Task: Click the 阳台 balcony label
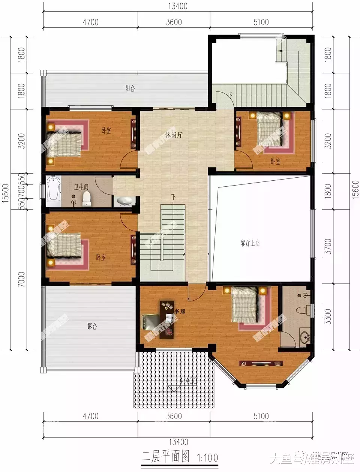pos(130,89)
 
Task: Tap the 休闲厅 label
pos(174,135)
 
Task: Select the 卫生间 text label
pos(81,187)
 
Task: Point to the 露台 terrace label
pos(92,326)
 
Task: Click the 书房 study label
pos(180,312)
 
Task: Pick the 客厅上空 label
pos(250,243)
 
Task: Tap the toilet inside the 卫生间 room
pos(87,198)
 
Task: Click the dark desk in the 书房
pos(167,319)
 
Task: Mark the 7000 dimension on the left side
pos(22,279)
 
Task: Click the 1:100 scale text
pos(207,458)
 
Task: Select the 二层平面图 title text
pos(165,457)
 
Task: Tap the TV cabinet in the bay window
pos(261,363)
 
